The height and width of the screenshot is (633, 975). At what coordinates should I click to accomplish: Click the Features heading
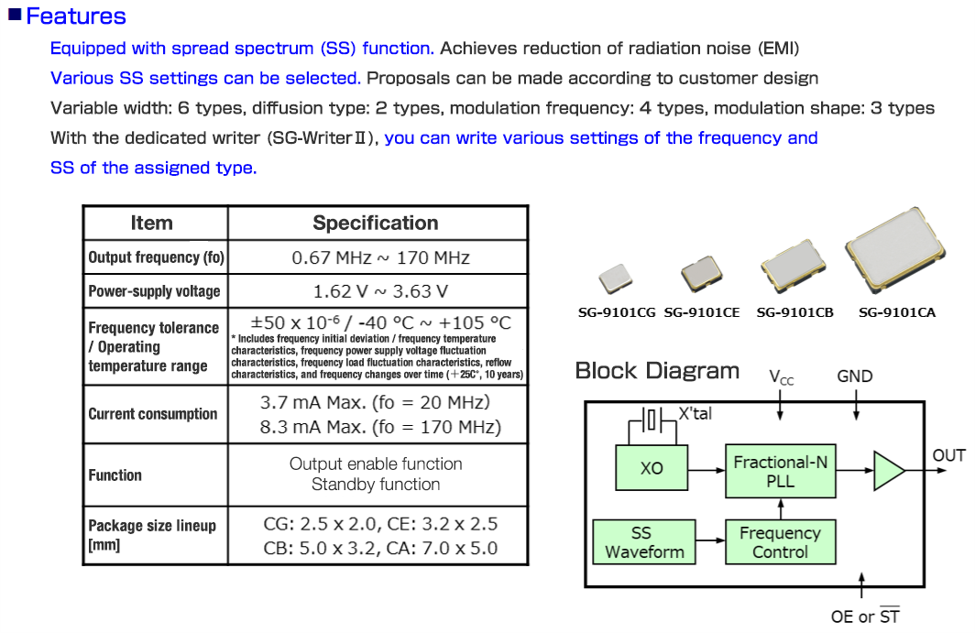(76, 16)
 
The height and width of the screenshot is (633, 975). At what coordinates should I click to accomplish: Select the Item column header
(151, 223)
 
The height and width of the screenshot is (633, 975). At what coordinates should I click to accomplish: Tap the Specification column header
(376, 223)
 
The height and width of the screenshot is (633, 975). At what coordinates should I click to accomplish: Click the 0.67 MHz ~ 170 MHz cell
(380, 257)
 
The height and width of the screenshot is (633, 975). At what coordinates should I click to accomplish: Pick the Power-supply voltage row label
(154, 291)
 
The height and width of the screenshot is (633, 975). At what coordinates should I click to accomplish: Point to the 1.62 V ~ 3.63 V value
(380, 291)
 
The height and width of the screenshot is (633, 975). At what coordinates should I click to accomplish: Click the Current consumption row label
(153, 414)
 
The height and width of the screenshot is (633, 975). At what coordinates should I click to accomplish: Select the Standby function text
(376, 485)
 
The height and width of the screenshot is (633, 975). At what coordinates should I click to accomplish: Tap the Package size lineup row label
(152, 535)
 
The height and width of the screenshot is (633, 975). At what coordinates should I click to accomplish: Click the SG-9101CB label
(794, 312)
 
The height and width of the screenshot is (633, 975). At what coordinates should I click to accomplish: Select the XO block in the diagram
(652, 468)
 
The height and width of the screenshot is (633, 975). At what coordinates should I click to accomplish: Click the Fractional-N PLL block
(780, 472)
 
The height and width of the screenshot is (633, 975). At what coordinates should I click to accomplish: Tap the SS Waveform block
(641, 542)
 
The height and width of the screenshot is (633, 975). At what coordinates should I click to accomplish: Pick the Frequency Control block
(780, 542)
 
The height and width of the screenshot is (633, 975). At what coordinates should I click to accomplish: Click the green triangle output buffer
(887, 471)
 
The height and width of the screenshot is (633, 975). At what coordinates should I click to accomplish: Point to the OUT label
(948, 455)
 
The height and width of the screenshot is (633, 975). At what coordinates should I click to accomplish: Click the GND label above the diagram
(855, 377)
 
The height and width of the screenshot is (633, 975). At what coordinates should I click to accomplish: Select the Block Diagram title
(657, 371)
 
